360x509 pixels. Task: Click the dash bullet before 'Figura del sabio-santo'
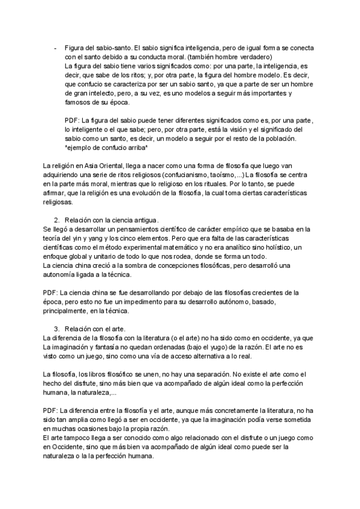(x=55, y=48)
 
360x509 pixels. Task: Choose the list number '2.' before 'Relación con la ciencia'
(x=57, y=220)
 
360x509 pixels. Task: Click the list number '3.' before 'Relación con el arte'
(x=57, y=329)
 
